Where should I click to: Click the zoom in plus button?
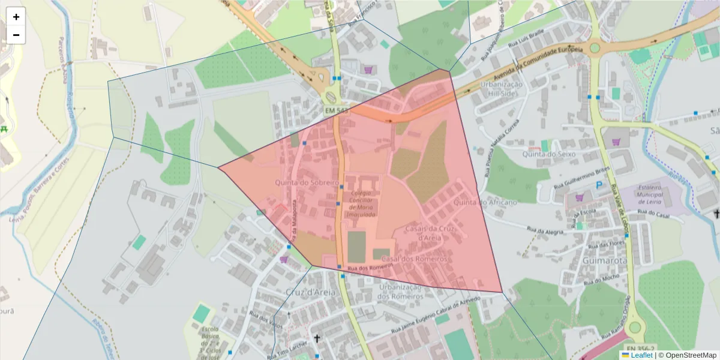coord(16,17)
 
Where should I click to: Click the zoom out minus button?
coord(16,35)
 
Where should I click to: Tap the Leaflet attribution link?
coord(641,355)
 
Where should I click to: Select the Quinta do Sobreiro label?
coord(307,182)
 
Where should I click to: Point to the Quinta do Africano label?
coord(485,203)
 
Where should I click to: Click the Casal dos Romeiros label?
coord(414,259)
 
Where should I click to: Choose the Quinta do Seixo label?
coord(548,154)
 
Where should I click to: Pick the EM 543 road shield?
coord(336,111)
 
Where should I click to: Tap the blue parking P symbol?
coord(598,187)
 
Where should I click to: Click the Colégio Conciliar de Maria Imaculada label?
coord(364,204)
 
